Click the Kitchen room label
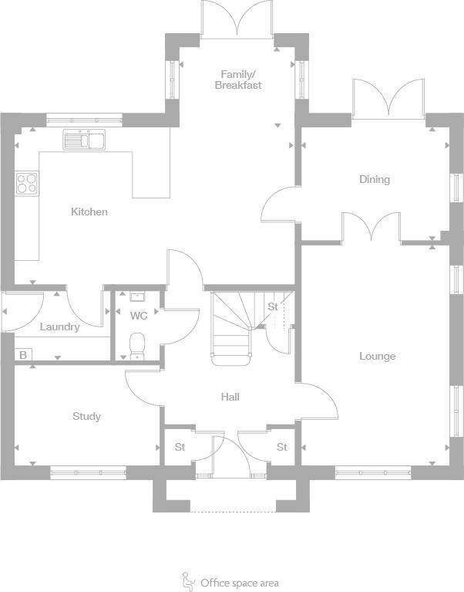(x=89, y=211)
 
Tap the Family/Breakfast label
(x=237, y=79)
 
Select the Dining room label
(x=375, y=179)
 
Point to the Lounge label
(x=377, y=356)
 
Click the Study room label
(x=86, y=416)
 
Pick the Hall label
(x=230, y=397)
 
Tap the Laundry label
(x=59, y=326)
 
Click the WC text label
(x=139, y=316)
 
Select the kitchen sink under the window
(x=85, y=140)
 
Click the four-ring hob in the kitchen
(x=27, y=183)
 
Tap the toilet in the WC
(x=138, y=344)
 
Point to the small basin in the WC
(x=138, y=296)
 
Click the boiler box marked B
(x=23, y=355)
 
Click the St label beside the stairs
(x=273, y=307)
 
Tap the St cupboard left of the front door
(x=180, y=447)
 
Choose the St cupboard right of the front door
(x=282, y=447)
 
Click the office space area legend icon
(x=187, y=580)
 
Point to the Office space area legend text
(x=239, y=583)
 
